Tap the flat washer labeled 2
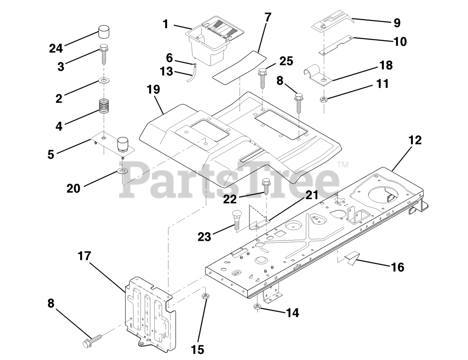click(104, 81)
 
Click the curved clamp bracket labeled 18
click(319, 77)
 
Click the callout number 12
click(415, 140)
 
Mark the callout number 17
click(84, 256)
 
